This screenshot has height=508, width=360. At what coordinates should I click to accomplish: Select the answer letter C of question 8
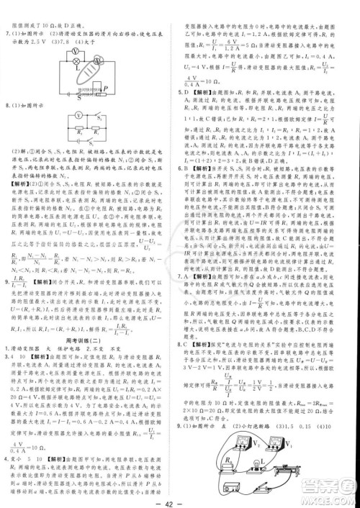tap(189, 344)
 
